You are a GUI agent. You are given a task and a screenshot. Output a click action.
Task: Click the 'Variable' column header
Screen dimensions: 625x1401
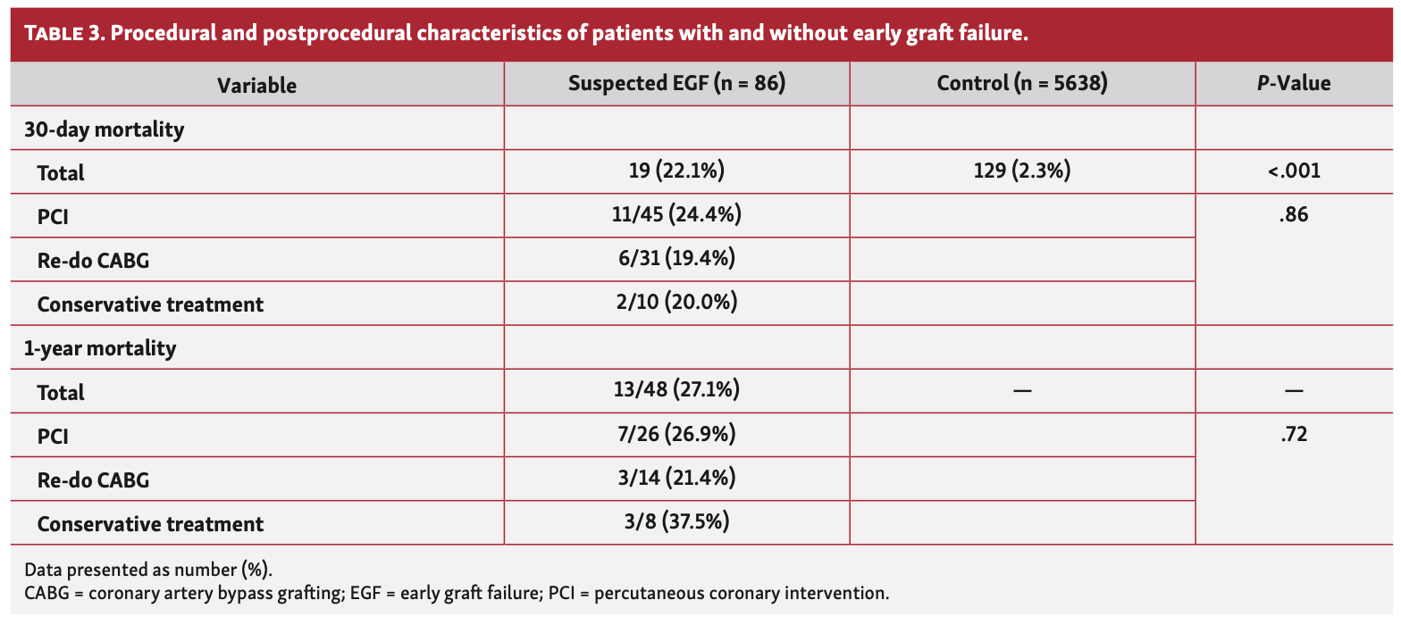[x=256, y=86]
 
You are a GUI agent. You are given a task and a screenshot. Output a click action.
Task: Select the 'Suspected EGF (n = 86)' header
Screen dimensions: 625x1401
[x=676, y=84]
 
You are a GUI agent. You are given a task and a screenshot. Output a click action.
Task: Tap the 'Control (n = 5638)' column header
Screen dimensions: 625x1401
[x=1022, y=84]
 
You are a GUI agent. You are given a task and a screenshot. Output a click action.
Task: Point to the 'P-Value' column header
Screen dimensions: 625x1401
[x=1294, y=84]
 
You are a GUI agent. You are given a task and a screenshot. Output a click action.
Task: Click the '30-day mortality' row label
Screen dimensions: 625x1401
[x=104, y=129]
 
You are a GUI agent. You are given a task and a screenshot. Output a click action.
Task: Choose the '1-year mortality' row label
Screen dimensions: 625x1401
[x=100, y=348]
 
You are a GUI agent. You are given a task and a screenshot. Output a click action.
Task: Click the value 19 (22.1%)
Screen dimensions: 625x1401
[x=676, y=171]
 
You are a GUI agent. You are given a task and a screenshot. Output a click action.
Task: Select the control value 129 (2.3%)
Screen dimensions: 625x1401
[x=1022, y=171]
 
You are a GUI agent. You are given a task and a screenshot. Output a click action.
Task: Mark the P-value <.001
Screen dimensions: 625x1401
[x=1294, y=171]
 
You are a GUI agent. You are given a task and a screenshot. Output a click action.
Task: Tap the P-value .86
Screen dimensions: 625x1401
[x=1294, y=215]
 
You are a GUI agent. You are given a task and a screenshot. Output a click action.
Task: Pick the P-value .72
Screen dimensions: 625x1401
[x=1294, y=435]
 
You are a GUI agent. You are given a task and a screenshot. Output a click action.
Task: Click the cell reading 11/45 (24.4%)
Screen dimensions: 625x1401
[x=676, y=215]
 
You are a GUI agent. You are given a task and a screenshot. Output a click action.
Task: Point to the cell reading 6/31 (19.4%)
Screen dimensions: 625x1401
[x=676, y=259]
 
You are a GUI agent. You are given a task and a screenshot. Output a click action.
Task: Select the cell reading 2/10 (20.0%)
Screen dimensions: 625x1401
[x=676, y=303]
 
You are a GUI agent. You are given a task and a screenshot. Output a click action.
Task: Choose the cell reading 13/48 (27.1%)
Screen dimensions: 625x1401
[x=676, y=390]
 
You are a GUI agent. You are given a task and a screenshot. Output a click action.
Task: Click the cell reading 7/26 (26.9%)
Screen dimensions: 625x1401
[x=676, y=435]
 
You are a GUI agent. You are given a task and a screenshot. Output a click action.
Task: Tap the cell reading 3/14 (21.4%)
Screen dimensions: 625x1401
[x=676, y=479]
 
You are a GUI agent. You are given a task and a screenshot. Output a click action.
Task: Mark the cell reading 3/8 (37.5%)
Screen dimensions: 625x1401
[x=676, y=521]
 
